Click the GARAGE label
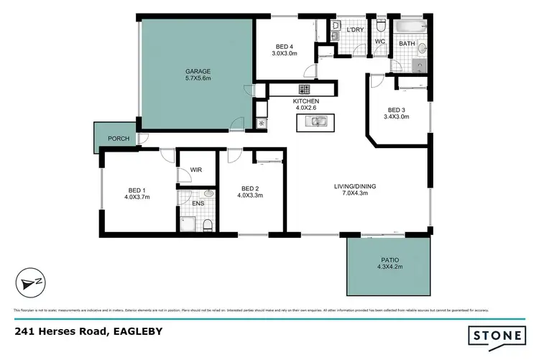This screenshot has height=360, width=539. (x=198, y=72)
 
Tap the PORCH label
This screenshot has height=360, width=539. (x=119, y=139)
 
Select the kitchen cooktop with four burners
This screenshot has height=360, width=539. (x=305, y=90)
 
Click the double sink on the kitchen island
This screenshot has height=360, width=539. (x=315, y=122)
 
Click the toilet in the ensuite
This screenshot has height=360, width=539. (x=208, y=226)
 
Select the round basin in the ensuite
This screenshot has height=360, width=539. (x=209, y=194)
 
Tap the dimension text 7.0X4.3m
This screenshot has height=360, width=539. (x=355, y=194)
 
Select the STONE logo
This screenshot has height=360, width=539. (x=495, y=336)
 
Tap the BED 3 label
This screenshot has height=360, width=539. (x=395, y=109)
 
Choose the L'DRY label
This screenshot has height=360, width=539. (x=354, y=29)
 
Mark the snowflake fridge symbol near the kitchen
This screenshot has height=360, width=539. (x=261, y=123)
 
